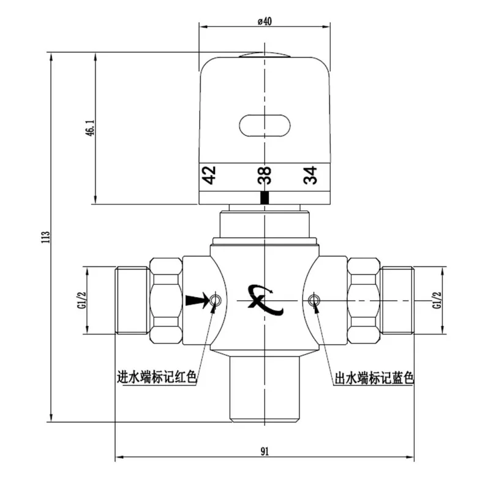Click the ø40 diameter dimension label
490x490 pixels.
(x=265, y=21)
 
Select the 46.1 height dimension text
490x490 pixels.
(x=90, y=127)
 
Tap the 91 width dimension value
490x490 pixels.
(x=265, y=451)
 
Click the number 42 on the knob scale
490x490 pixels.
(x=209, y=175)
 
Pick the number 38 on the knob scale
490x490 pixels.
(x=265, y=175)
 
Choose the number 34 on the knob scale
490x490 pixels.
(x=310, y=175)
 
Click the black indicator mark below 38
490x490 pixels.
(x=265, y=197)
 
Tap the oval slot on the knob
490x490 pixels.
(x=265, y=126)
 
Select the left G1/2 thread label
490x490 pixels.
(x=81, y=300)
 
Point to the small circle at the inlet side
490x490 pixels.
(x=215, y=300)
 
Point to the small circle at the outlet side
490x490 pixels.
(x=314, y=300)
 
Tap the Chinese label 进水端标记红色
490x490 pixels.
(x=157, y=377)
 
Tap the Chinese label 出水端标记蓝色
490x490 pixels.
(x=374, y=378)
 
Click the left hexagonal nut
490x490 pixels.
(x=166, y=301)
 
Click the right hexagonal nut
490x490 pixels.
(x=364, y=301)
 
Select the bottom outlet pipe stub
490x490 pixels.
(x=265, y=389)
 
